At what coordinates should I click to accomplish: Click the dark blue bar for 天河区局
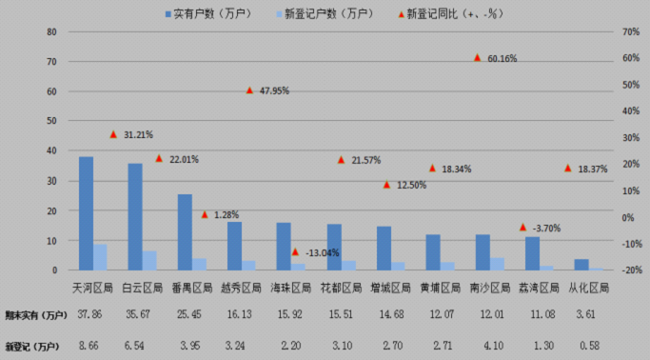(86, 213)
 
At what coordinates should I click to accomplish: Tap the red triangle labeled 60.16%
(478, 58)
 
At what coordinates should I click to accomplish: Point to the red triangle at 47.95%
(249, 90)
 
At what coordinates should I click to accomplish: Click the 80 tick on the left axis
(52, 31)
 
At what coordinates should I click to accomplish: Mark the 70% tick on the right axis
(628, 31)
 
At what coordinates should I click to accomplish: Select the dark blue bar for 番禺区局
(185, 232)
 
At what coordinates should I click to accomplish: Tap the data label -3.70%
(549, 229)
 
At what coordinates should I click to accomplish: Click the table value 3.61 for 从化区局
(582, 314)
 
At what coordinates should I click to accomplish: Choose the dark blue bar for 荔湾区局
(532, 253)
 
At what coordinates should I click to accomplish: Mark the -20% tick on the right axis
(628, 270)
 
